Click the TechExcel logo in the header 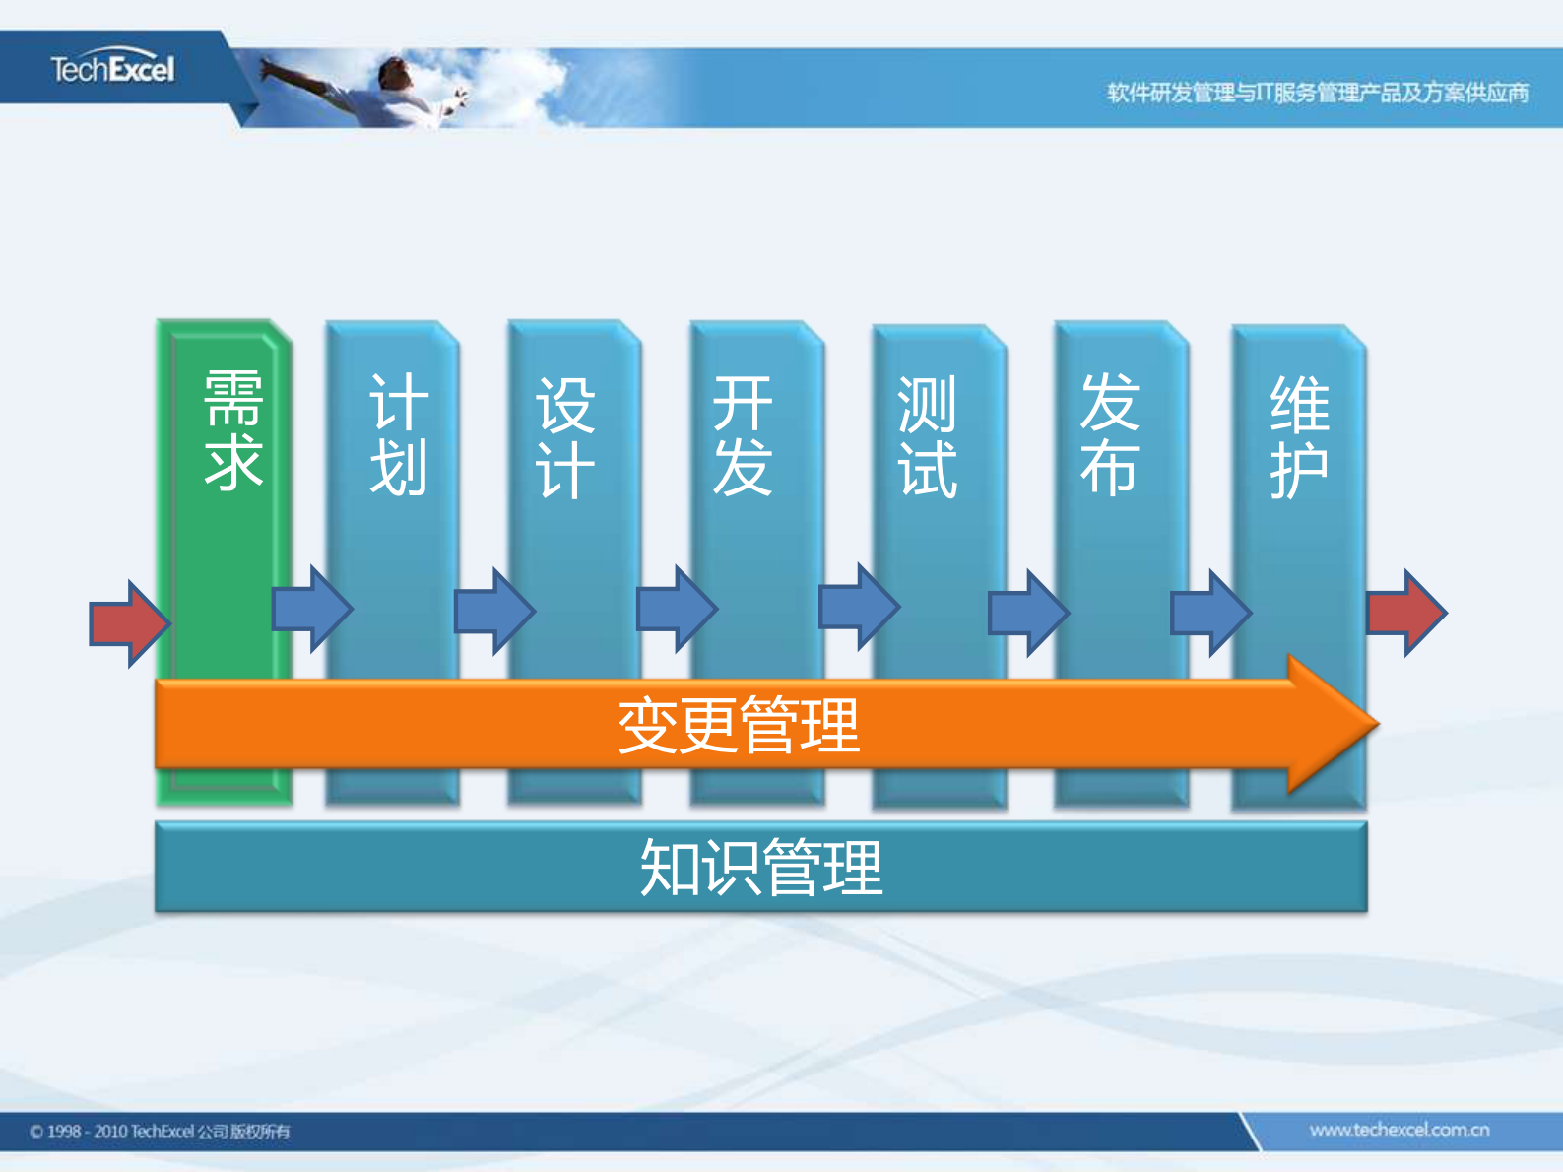click(x=112, y=69)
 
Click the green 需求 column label click(x=233, y=430)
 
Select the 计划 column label click(x=398, y=434)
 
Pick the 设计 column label click(x=564, y=438)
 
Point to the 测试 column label click(x=926, y=438)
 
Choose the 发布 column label click(x=1109, y=434)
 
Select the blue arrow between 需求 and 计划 click(x=311, y=609)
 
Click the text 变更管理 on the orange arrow click(x=739, y=726)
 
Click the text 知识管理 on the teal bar click(x=760, y=868)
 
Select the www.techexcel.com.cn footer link click(x=1399, y=1130)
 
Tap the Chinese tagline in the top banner click(x=1317, y=93)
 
